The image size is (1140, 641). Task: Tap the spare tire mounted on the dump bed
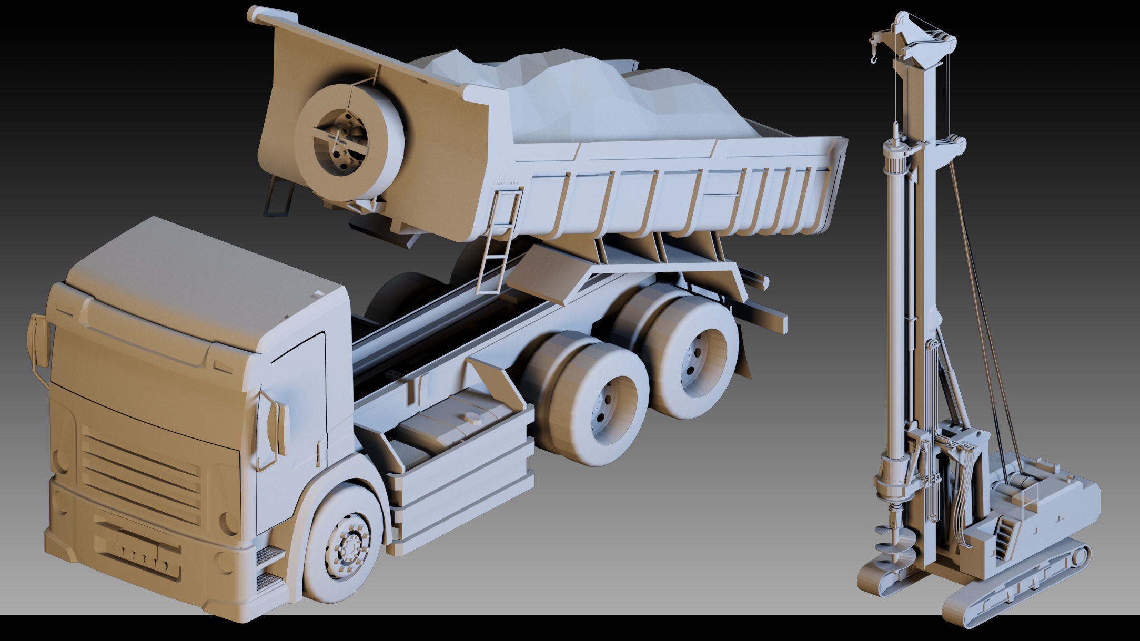tap(347, 142)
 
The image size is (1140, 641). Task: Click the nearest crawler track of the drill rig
tap(1015, 594)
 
